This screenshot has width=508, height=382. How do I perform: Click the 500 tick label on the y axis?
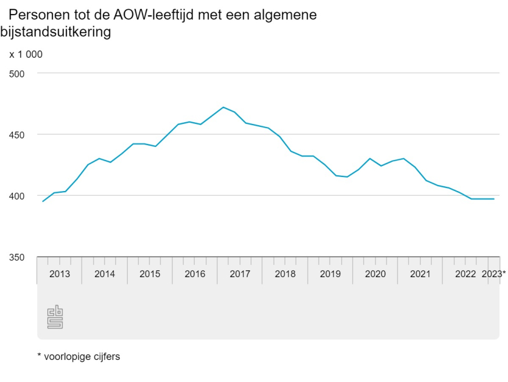click(17, 73)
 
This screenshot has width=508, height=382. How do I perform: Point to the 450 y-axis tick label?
click(17, 135)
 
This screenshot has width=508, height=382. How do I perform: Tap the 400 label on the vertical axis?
click(17, 196)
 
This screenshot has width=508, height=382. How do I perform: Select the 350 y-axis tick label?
click(17, 257)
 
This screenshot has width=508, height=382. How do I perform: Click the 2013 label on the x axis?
click(60, 274)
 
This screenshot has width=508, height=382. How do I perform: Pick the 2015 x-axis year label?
click(150, 274)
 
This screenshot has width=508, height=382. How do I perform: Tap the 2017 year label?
click(240, 274)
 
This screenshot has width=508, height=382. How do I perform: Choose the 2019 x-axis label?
click(330, 274)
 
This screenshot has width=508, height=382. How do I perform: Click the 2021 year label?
click(420, 274)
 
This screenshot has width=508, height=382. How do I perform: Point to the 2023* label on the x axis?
click(495, 274)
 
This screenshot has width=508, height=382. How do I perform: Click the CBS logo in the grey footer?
click(55, 317)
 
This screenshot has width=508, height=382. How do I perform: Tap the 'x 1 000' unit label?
click(26, 55)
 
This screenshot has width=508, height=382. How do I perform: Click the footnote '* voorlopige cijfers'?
click(78, 356)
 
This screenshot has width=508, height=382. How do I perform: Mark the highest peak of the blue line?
click(223, 107)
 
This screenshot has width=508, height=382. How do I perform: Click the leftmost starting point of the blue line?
click(43, 201)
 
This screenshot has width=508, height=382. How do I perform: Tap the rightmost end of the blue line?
click(494, 199)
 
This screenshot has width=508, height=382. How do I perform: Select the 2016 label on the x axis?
click(195, 274)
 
